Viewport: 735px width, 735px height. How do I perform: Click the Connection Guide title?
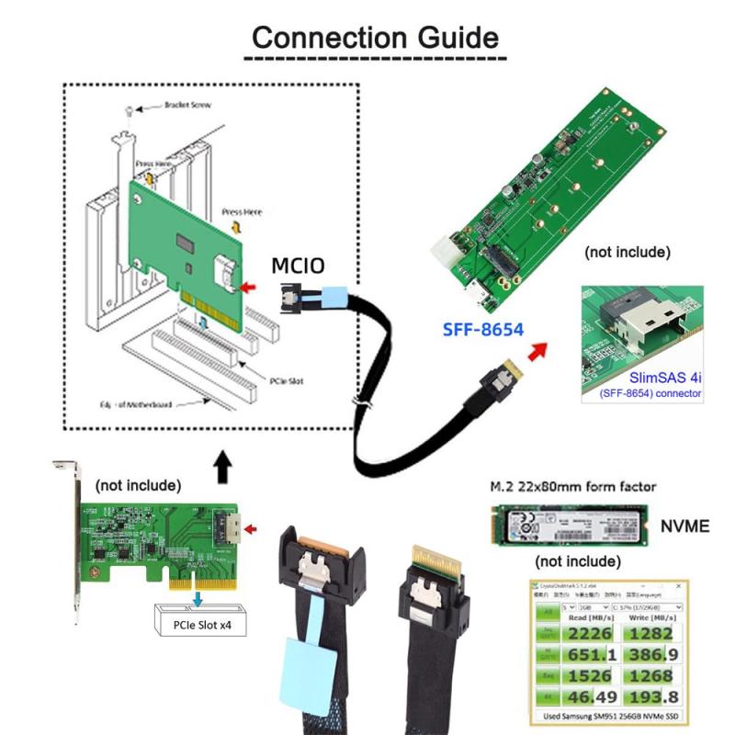(376, 38)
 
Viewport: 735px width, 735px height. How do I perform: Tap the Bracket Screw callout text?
(187, 106)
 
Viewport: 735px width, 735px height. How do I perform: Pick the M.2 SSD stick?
(570, 526)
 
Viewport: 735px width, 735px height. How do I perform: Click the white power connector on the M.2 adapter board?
(449, 251)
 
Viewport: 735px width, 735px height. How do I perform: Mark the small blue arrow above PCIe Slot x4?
(197, 599)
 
